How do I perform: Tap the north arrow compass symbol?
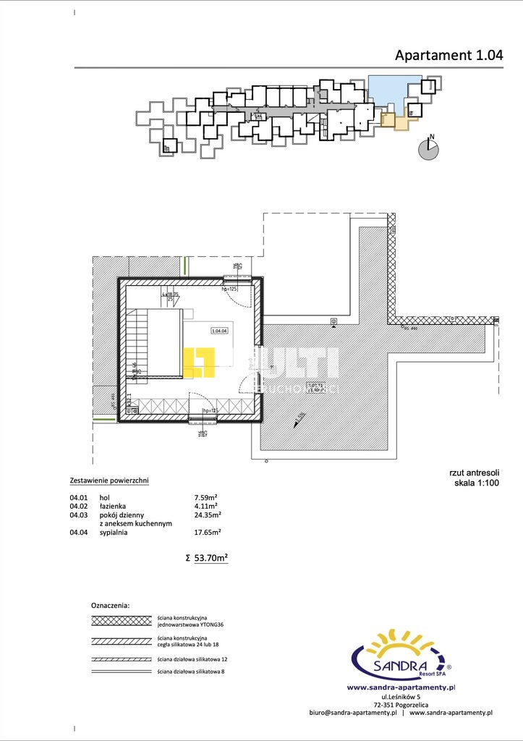click(430, 148)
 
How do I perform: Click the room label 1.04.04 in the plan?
click(219, 331)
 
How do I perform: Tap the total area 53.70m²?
click(211, 558)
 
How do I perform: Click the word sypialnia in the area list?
click(114, 532)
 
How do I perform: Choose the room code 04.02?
click(78, 506)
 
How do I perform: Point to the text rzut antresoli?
click(474, 474)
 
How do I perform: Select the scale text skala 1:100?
click(477, 483)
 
